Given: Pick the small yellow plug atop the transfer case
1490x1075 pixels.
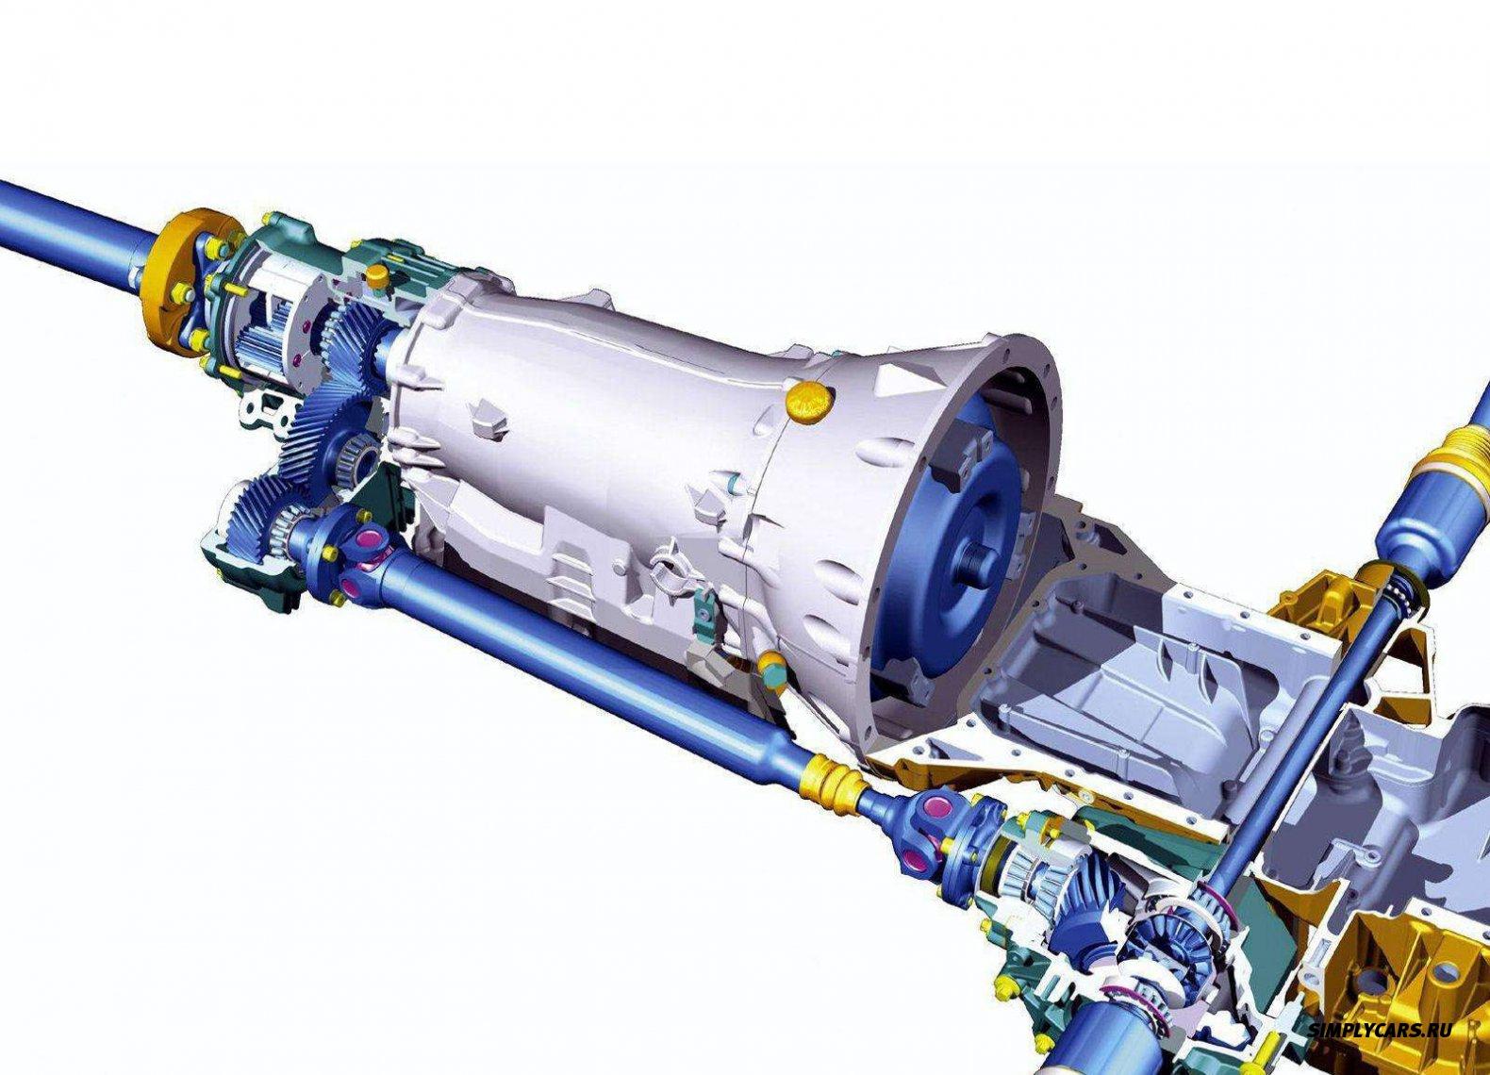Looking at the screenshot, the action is [377, 274].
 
